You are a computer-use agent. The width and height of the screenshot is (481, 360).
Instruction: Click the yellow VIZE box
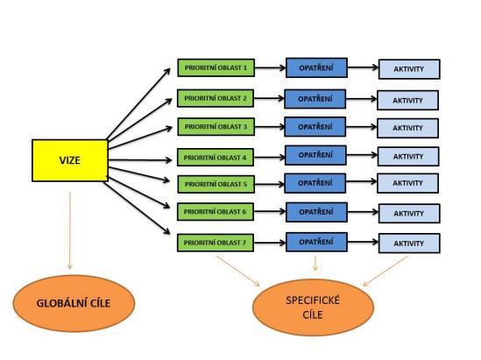(x=70, y=160)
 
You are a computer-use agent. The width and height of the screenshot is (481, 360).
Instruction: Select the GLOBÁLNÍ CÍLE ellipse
(x=74, y=303)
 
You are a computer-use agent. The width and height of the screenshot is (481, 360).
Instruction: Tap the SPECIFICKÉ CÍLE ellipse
(x=313, y=307)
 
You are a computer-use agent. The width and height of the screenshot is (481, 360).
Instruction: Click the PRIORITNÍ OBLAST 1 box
(x=216, y=67)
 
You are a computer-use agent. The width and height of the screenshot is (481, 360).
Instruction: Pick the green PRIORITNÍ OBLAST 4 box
(x=216, y=158)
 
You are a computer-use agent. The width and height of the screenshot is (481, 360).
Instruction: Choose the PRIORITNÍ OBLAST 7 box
(x=216, y=243)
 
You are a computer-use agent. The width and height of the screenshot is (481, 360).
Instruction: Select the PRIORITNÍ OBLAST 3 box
(x=216, y=127)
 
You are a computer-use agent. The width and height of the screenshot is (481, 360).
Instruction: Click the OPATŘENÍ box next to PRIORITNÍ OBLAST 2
(x=315, y=99)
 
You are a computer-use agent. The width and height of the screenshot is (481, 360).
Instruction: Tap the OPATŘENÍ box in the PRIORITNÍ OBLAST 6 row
(x=316, y=212)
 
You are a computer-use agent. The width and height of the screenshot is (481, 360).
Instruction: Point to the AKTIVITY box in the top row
(x=409, y=69)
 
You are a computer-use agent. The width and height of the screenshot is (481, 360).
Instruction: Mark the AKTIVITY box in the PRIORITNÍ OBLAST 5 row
(x=407, y=183)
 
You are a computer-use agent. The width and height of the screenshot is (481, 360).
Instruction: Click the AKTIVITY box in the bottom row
(x=409, y=244)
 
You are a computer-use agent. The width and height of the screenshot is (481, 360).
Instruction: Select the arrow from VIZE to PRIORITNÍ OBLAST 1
(x=138, y=103)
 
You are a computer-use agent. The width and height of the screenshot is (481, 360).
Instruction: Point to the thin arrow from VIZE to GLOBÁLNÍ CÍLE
(x=70, y=230)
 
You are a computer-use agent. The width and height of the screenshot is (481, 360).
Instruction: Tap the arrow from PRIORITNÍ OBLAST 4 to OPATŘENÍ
(x=270, y=158)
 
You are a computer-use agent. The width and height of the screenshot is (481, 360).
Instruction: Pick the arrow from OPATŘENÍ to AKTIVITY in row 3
(x=361, y=127)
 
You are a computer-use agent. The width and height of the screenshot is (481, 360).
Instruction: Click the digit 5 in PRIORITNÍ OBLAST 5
(x=244, y=184)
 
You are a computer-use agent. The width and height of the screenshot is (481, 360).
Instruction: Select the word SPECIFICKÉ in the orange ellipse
(x=313, y=300)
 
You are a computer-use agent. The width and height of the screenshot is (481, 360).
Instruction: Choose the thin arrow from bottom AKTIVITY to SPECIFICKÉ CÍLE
(x=386, y=271)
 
